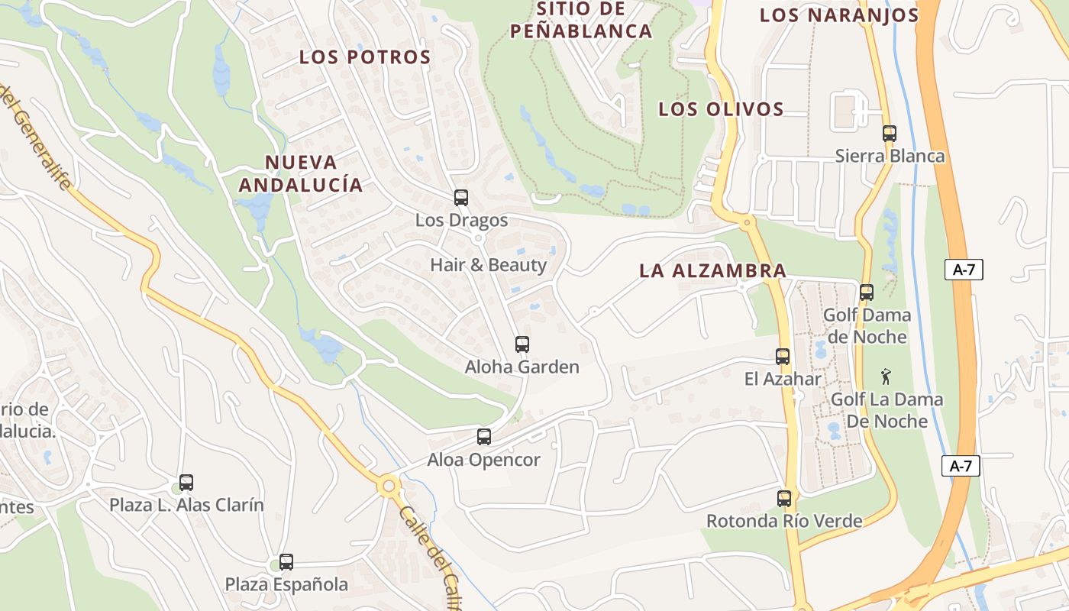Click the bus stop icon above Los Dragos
(460, 198)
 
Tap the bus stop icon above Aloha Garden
(522, 344)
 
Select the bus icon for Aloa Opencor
(484, 437)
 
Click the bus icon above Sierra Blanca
(889, 134)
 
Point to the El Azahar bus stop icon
(783, 357)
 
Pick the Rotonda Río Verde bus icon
(784, 499)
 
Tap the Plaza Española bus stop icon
(286, 562)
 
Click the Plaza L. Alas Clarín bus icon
(186, 483)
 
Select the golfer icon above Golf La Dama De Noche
(886, 377)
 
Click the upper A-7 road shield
(963, 269)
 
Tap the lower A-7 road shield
(961, 466)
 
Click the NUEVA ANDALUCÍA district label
(300, 173)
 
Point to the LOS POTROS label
(365, 57)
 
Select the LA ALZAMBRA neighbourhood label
(712, 270)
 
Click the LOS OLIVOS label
(721, 109)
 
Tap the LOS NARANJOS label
(838, 15)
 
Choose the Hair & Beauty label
(489, 265)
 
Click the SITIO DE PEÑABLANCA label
(581, 21)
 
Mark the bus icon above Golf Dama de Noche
(867, 293)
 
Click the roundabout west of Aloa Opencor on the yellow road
(389, 484)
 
